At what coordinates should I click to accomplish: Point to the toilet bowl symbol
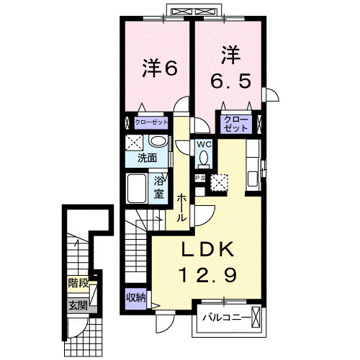pos(204,158)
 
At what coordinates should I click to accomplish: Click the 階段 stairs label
pos(77,283)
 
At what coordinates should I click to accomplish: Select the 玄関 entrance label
pos(78,305)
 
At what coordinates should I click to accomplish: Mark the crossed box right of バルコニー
pos(256,318)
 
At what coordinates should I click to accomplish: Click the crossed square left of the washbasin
pos(135,142)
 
